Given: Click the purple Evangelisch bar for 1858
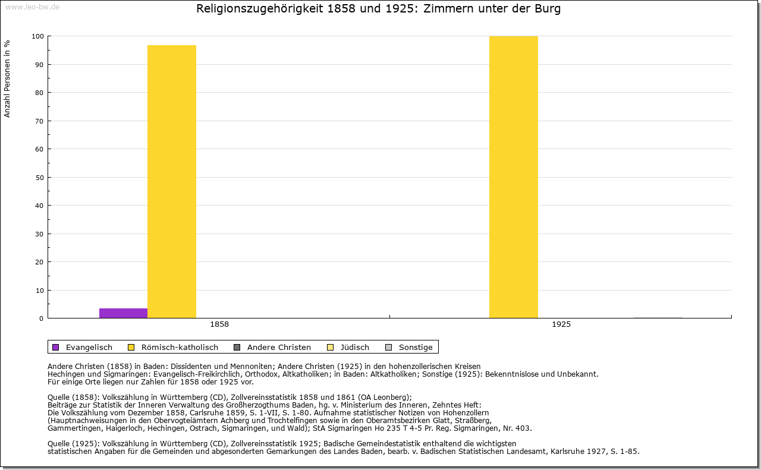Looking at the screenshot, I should pyautogui.click(x=123, y=313).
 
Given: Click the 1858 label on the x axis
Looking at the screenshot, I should pyautogui.click(x=219, y=324).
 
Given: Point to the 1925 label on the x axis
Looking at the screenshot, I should pyautogui.click(x=561, y=324).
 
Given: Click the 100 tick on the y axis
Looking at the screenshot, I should pyautogui.click(x=38, y=36).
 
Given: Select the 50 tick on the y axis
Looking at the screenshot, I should pyautogui.click(x=39, y=178).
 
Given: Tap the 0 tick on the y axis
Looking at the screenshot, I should pyautogui.click(x=41, y=318).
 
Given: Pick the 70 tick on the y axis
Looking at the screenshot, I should pyautogui.click(x=39, y=121).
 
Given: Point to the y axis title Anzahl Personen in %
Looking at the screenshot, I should pyautogui.click(x=8, y=78).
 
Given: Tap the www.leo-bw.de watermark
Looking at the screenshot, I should pyautogui.click(x=32, y=7).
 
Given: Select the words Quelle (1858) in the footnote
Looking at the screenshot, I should pyautogui.click(x=73, y=397).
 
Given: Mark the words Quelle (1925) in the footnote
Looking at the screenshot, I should pyautogui.click(x=73, y=443).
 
